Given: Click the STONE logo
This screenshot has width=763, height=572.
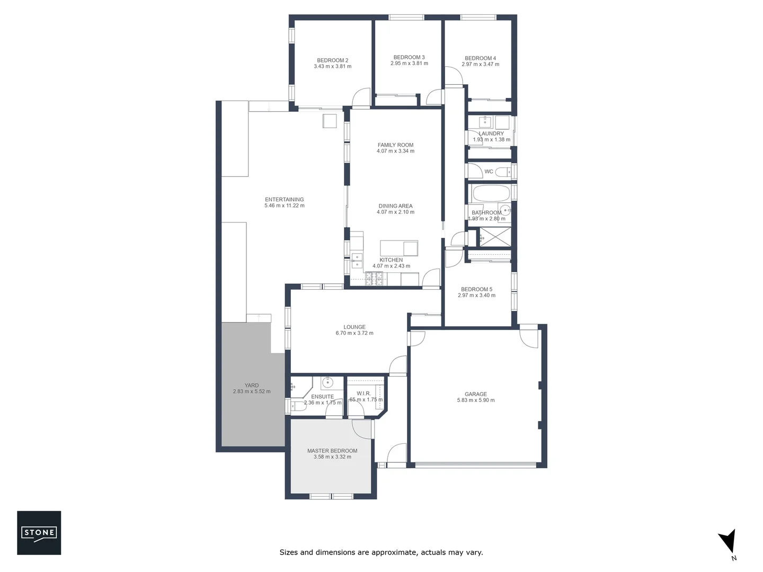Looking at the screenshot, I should [39, 532].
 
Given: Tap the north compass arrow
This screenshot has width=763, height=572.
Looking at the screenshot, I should [727, 541].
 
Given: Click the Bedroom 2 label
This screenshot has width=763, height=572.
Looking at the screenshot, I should [332, 60].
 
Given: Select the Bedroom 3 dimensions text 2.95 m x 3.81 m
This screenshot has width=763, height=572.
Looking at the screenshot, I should [409, 64].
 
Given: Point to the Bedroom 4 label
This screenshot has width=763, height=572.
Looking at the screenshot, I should [480, 58].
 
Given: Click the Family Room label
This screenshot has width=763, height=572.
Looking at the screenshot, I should [395, 145].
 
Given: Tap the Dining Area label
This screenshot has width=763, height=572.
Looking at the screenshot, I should [395, 206].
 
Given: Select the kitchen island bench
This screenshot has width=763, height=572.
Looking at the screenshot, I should [399, 248].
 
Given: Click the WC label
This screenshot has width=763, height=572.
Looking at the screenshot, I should [489, 172].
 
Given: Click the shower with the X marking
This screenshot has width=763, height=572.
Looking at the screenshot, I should [494, 237].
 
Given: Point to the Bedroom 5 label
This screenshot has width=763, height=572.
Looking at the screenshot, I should [476, 289].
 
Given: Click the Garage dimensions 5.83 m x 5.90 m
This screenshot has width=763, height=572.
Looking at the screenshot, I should [476, 400].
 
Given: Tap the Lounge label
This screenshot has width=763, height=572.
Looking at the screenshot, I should [354, 327].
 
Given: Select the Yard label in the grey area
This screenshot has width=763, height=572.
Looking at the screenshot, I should [252, 386].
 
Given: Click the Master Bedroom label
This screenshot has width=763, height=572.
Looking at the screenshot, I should [332, 451].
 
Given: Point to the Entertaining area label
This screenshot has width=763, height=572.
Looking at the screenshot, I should [285, 200].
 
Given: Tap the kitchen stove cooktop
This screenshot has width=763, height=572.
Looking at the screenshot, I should [374, 278].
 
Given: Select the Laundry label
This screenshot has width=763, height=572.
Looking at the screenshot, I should [491, 134].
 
